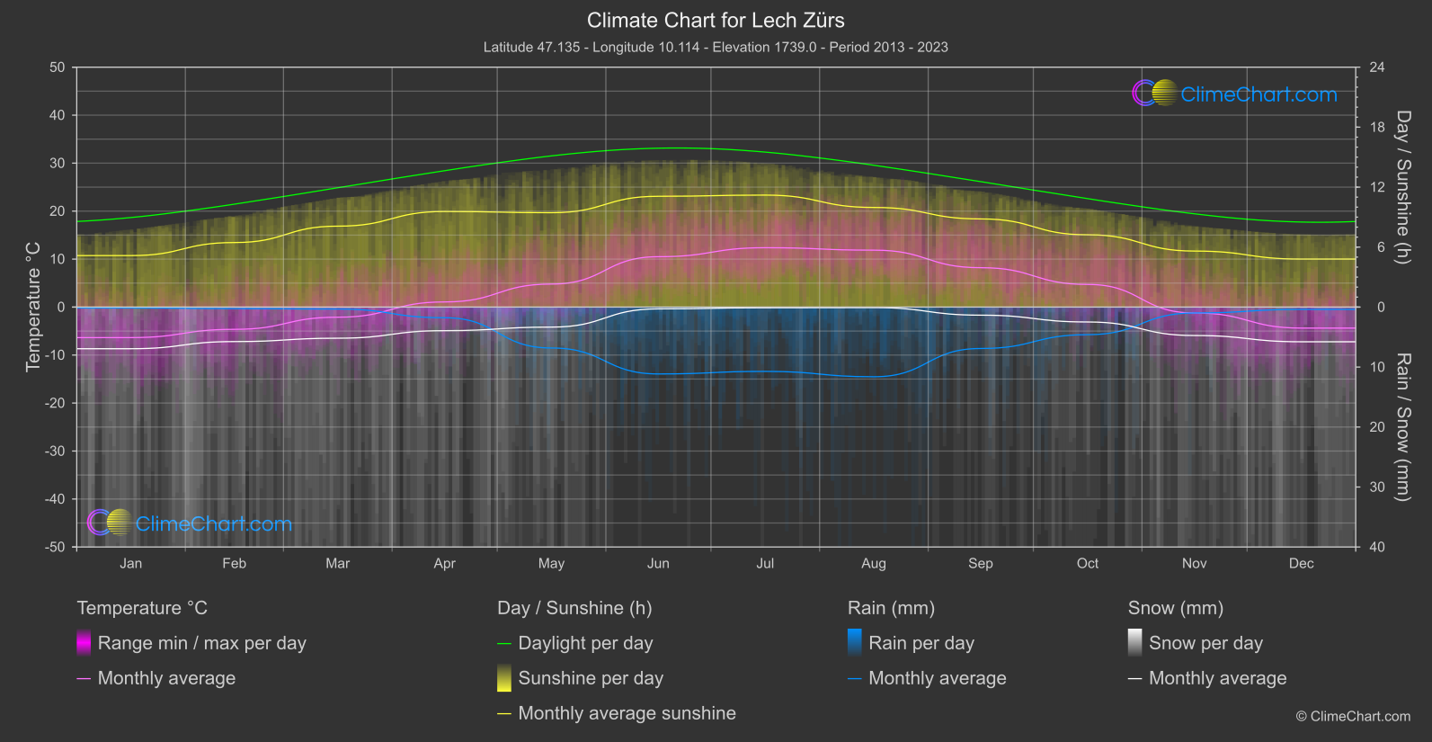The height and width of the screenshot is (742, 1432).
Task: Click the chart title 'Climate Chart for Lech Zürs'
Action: tap(716, 20)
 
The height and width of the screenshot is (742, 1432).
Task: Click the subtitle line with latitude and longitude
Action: tap(716, 47)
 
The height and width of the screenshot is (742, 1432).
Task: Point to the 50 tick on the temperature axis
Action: tap(58, 67)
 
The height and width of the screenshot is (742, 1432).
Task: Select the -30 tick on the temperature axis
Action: tap(56, 451)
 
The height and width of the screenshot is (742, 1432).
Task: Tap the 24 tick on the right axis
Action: tap(1376, 67)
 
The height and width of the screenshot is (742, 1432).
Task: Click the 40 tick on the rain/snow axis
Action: tap(1376, 547)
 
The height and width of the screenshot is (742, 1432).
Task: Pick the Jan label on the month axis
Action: tap(131, 564)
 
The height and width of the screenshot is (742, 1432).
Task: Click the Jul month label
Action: tap(765, 564)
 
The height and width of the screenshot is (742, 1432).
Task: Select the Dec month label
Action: tap(1301, 564)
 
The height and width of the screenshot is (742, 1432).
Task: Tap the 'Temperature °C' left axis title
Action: tap(33, 307)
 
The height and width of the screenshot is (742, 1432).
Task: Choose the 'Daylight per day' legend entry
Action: tap(585, 643)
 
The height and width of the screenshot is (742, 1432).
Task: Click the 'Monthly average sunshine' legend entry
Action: tap(627, 713)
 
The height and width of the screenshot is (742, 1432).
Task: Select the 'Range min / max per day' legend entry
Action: tap(201, 643)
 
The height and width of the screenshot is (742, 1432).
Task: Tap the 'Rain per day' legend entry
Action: tap(921, 643)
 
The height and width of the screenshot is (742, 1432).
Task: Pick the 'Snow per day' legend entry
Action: tap(1205, 643)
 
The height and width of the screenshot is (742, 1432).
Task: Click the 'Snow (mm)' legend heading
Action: tap(1175, 608)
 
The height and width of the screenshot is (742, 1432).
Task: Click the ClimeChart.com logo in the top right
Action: tap(1234, 94)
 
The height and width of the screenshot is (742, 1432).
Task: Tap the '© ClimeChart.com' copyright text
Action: tap(1353, 716)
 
